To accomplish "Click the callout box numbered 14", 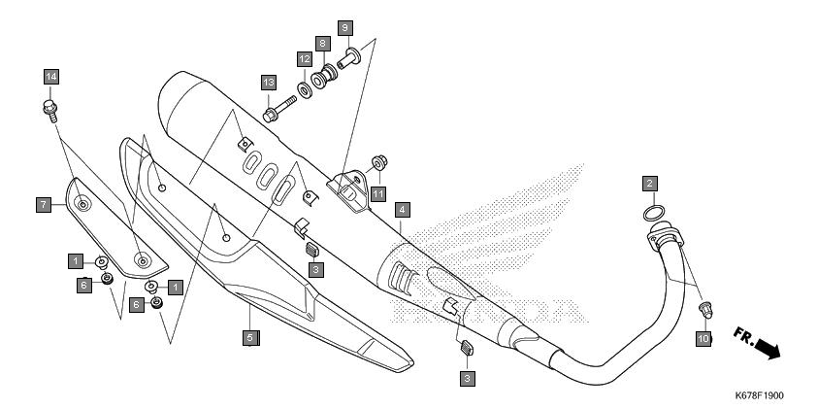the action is tap(51, 77).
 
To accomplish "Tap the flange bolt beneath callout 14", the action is tap(50, 111).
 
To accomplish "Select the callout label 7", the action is tap(44, 204).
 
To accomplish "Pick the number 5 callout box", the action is tap(250, 337).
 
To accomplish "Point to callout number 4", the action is tap(402, 210).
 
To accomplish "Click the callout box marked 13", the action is tap(269, 83).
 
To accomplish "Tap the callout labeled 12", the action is tap(305, 59).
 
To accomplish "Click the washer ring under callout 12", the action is tap(305, 90).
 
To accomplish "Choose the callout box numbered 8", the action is tap(322, 44).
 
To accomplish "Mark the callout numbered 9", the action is tap(344, 27).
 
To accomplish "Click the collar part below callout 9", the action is tap(348, 57).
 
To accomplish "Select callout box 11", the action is tap(378, 194).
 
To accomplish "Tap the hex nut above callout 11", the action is tap(379, 163).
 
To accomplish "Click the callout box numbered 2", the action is tap(649, 184).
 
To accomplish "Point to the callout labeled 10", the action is tap(703, 339).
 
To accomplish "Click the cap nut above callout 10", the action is tap(705, 309).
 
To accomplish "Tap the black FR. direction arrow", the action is tap(768, 348).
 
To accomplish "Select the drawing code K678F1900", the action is tap(759, 395).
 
